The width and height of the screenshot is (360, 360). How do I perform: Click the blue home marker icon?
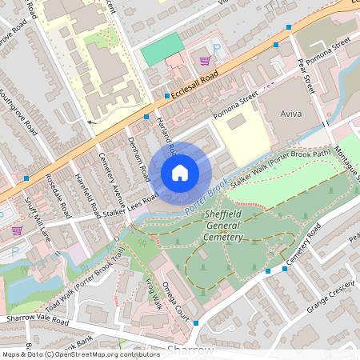click(180, 172)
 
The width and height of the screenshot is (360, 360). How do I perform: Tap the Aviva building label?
click(290, 114)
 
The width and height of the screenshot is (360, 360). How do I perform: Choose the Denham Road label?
click(138, 158)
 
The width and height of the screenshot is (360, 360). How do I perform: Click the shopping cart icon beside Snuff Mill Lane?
click(17, 230)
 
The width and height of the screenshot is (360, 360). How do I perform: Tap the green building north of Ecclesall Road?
click(162, 50)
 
